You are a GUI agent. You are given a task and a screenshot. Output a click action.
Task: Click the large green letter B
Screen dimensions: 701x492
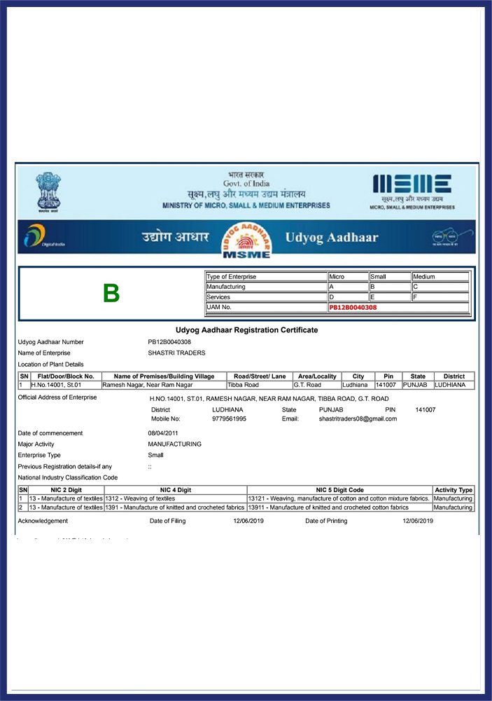[x=111, y=294]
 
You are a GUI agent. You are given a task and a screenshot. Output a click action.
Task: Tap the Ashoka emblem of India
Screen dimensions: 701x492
[x=48, y=191]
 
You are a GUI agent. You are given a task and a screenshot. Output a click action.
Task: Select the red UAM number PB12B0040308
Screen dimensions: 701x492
[x=353, y=307]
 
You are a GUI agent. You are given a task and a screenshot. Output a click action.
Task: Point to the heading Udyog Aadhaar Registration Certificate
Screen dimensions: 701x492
[x=246, y=329]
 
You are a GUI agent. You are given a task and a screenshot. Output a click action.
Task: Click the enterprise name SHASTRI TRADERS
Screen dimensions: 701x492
[x=176, y=353]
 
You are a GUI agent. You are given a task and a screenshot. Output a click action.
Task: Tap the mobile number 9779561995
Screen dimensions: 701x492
[x=229, y=418]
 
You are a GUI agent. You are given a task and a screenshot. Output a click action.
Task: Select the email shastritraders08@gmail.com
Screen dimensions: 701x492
[x=358, y=418]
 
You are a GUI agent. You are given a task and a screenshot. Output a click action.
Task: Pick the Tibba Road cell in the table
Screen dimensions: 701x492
[x=243, y=385]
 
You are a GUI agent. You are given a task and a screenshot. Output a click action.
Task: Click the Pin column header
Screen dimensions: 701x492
[x=388, y=376]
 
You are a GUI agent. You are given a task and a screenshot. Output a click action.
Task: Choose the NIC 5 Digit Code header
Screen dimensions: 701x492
[x=339, y=490]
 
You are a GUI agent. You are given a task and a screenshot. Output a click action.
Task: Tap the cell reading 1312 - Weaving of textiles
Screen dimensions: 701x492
[x=140, y=498]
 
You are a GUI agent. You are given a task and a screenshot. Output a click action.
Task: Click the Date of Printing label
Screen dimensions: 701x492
[x=326, y=521]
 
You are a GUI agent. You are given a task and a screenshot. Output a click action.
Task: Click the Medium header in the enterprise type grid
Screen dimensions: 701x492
[x=424, y=277]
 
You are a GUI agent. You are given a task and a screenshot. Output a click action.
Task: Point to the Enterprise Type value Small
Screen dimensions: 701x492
[x=155, y=455]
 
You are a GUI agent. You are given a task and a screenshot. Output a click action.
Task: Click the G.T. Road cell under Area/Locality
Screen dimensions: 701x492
[x=307, y=385]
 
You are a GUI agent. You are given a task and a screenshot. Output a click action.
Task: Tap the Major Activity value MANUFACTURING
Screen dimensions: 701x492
[x=174, y=444]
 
